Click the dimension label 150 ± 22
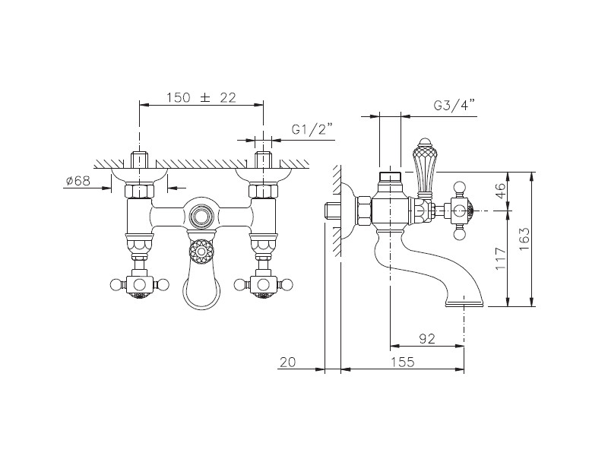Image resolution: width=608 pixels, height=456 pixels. click(201, 97)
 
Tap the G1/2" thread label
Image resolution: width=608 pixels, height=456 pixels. click(312, 129)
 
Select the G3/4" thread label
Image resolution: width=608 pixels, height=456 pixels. click(454, 105)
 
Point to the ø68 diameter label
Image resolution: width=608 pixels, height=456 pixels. click(78, 180)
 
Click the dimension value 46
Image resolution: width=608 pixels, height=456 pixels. click(501, 191)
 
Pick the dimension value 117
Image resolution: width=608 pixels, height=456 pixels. click(501, 258)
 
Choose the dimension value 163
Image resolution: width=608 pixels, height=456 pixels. click(524, 239)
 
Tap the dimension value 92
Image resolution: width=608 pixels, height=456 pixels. click(427, 338)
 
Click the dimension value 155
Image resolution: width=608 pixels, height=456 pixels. click(402, 362)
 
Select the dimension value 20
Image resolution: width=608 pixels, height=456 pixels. click(288, 362)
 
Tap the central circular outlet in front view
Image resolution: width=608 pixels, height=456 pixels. click(201, 215)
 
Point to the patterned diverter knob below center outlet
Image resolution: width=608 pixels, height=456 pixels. click(201, 252)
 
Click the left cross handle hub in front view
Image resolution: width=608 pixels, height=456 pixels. click(139, 286)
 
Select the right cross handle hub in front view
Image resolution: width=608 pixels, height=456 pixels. click(263, 286)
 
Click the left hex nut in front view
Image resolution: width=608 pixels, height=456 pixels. click(139, 192)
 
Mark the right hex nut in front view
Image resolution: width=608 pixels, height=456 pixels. click(263, 192)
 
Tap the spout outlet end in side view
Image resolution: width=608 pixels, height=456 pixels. click(464, 302)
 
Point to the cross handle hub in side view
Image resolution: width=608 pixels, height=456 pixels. click(461, 211)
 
